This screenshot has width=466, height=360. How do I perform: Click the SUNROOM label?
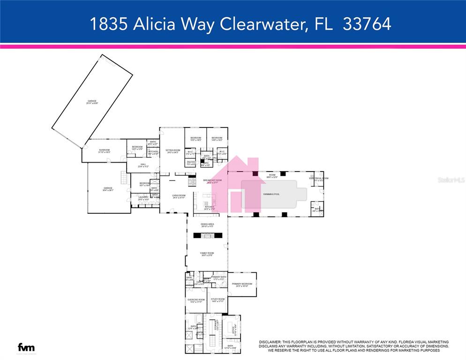click(x=104, y=151)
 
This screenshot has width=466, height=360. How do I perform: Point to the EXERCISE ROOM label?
click(x=196, y=300)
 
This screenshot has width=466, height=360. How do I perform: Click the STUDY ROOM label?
click(x=218, y=300)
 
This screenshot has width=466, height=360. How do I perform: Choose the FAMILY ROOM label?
click(x=207, y=254)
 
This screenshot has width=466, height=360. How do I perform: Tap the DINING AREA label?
click(x=207, y=225)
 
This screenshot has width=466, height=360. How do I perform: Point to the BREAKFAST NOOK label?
click(x=212, y=180)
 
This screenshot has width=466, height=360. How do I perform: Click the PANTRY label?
click(x=191, y=163)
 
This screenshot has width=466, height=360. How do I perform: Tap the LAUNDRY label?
click(x=143, y=197)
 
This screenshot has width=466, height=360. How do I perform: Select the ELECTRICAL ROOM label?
click(x=319, y=179)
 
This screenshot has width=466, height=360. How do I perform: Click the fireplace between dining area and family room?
click(x=207, y=236)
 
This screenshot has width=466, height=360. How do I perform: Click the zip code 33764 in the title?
click(x=367, y=24)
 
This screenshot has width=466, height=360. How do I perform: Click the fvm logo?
click(x=26, y=348)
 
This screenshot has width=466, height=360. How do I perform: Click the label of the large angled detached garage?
click(x=92, y=101)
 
